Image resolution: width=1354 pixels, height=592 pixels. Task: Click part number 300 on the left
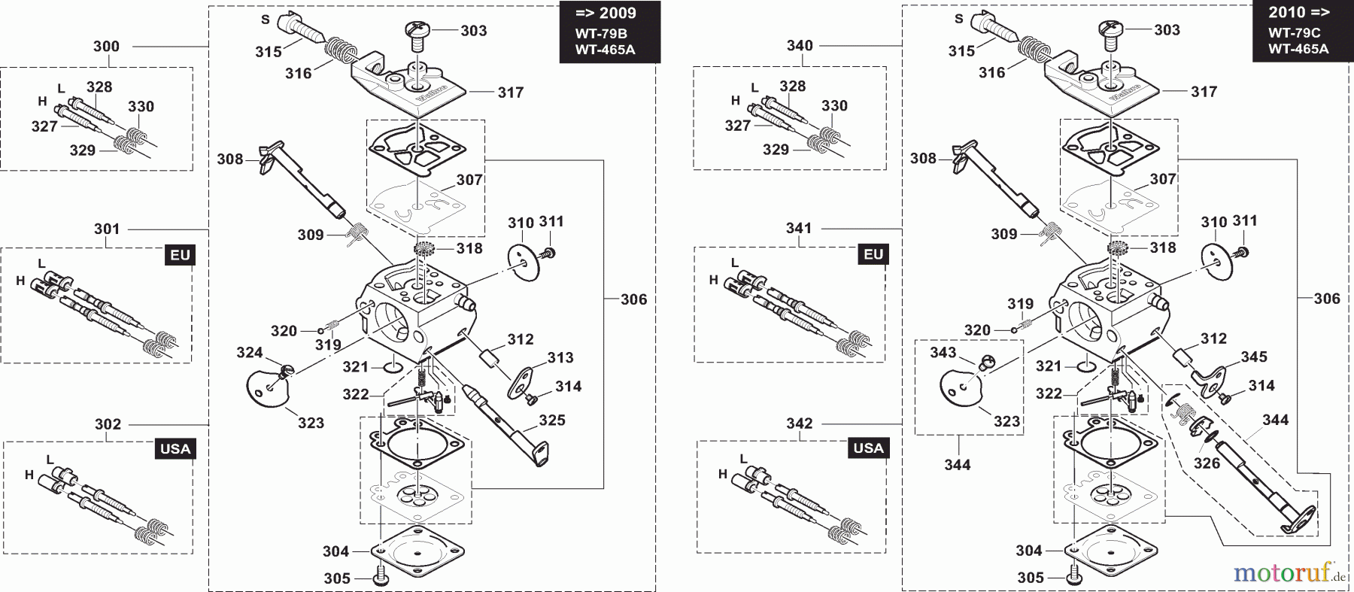click(x=106, y=47)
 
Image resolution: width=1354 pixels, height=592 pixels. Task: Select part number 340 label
click(x=800, y=46)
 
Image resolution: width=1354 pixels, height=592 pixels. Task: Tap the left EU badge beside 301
click(x=181, y=255)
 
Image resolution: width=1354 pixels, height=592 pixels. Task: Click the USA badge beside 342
click(x=869, y=448)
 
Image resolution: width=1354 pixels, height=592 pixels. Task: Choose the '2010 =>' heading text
click(x=1298, y=13)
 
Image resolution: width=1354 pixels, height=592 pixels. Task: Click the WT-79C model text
click(x=1294, y=33)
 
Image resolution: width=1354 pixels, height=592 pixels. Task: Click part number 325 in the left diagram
click(x=552, y=420)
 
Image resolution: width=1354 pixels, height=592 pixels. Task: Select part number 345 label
click(x=1254, y=357)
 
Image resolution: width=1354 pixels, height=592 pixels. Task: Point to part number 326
click(x=1207, y=463)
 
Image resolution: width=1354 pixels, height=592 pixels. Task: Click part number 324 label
click(x=250, y=353)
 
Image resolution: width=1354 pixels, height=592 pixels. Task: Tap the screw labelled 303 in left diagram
click(x=416, y=30)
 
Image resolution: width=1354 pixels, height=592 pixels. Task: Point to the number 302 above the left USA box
click(x=108, y=424)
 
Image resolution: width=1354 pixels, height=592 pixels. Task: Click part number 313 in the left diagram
click(x=560, y=358)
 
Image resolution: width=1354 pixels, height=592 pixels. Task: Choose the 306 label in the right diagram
click(x=1327, y=299)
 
